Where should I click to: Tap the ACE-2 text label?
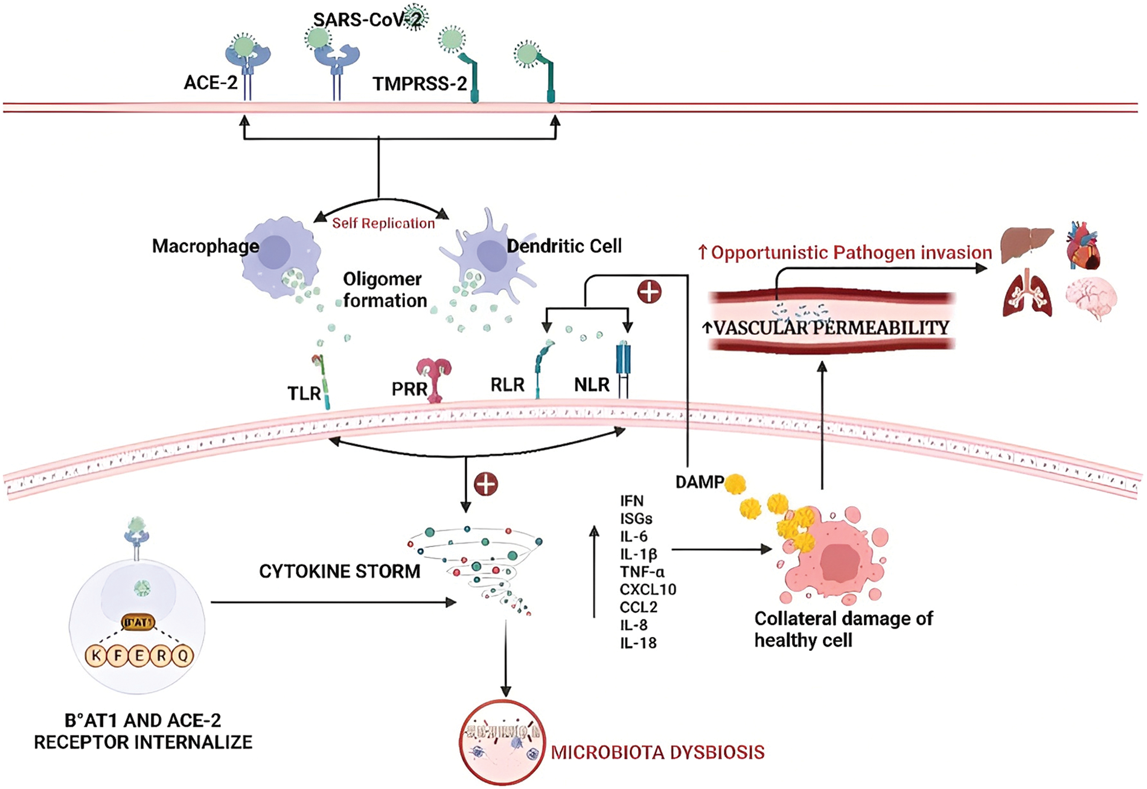(211, 82)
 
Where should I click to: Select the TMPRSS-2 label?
(420, 83)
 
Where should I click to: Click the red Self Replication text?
(383, 223)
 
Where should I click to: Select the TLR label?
(304, 393)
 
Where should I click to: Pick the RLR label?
(507, 384)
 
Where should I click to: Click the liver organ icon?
(1027, 244)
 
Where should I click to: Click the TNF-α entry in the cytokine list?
(642, 571)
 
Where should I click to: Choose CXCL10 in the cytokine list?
(648, 589)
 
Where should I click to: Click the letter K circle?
(96, 655)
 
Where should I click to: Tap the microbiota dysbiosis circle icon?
(502, 743)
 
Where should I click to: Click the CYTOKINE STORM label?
(339, 571)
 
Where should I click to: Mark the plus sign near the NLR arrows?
(649, 292)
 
